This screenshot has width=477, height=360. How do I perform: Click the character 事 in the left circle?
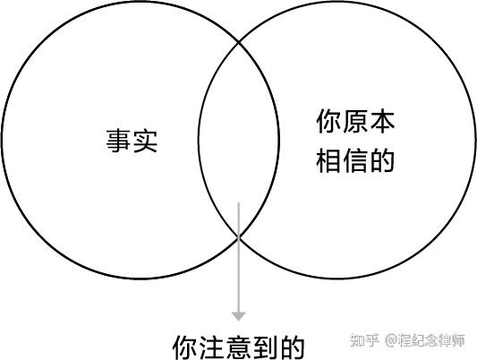coord(118,141)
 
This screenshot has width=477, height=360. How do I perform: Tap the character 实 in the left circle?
coord(145,141)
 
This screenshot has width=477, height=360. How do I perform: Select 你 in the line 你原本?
coord(328,122)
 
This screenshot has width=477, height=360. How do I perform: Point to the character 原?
coord(355,122)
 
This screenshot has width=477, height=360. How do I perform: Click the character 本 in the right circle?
coord(382,122)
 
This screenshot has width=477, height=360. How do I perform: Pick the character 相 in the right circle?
coord(328,160)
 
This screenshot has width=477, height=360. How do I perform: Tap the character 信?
coord(355,160)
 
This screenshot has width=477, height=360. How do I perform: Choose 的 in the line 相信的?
coord(382,160)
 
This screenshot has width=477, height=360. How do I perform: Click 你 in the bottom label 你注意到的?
coord(185,347)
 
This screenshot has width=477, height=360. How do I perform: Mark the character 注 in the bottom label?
coord(212,347)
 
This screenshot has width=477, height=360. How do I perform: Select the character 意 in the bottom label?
coord(238,347)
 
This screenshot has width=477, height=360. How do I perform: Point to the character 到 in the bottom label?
coord(265,347)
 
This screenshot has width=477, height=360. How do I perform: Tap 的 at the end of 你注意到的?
coord(292,347)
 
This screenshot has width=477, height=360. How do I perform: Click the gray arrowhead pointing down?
coord(238,316)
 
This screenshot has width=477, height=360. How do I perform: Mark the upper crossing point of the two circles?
coord(239,43)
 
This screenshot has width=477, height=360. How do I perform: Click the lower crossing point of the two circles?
coord(239,236)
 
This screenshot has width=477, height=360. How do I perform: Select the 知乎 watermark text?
coord(364,340)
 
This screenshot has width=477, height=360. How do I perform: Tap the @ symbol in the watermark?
coord(391,340)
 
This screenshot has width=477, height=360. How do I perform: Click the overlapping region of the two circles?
coord(239,140)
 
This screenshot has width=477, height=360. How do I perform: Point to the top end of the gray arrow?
coord(238,202)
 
